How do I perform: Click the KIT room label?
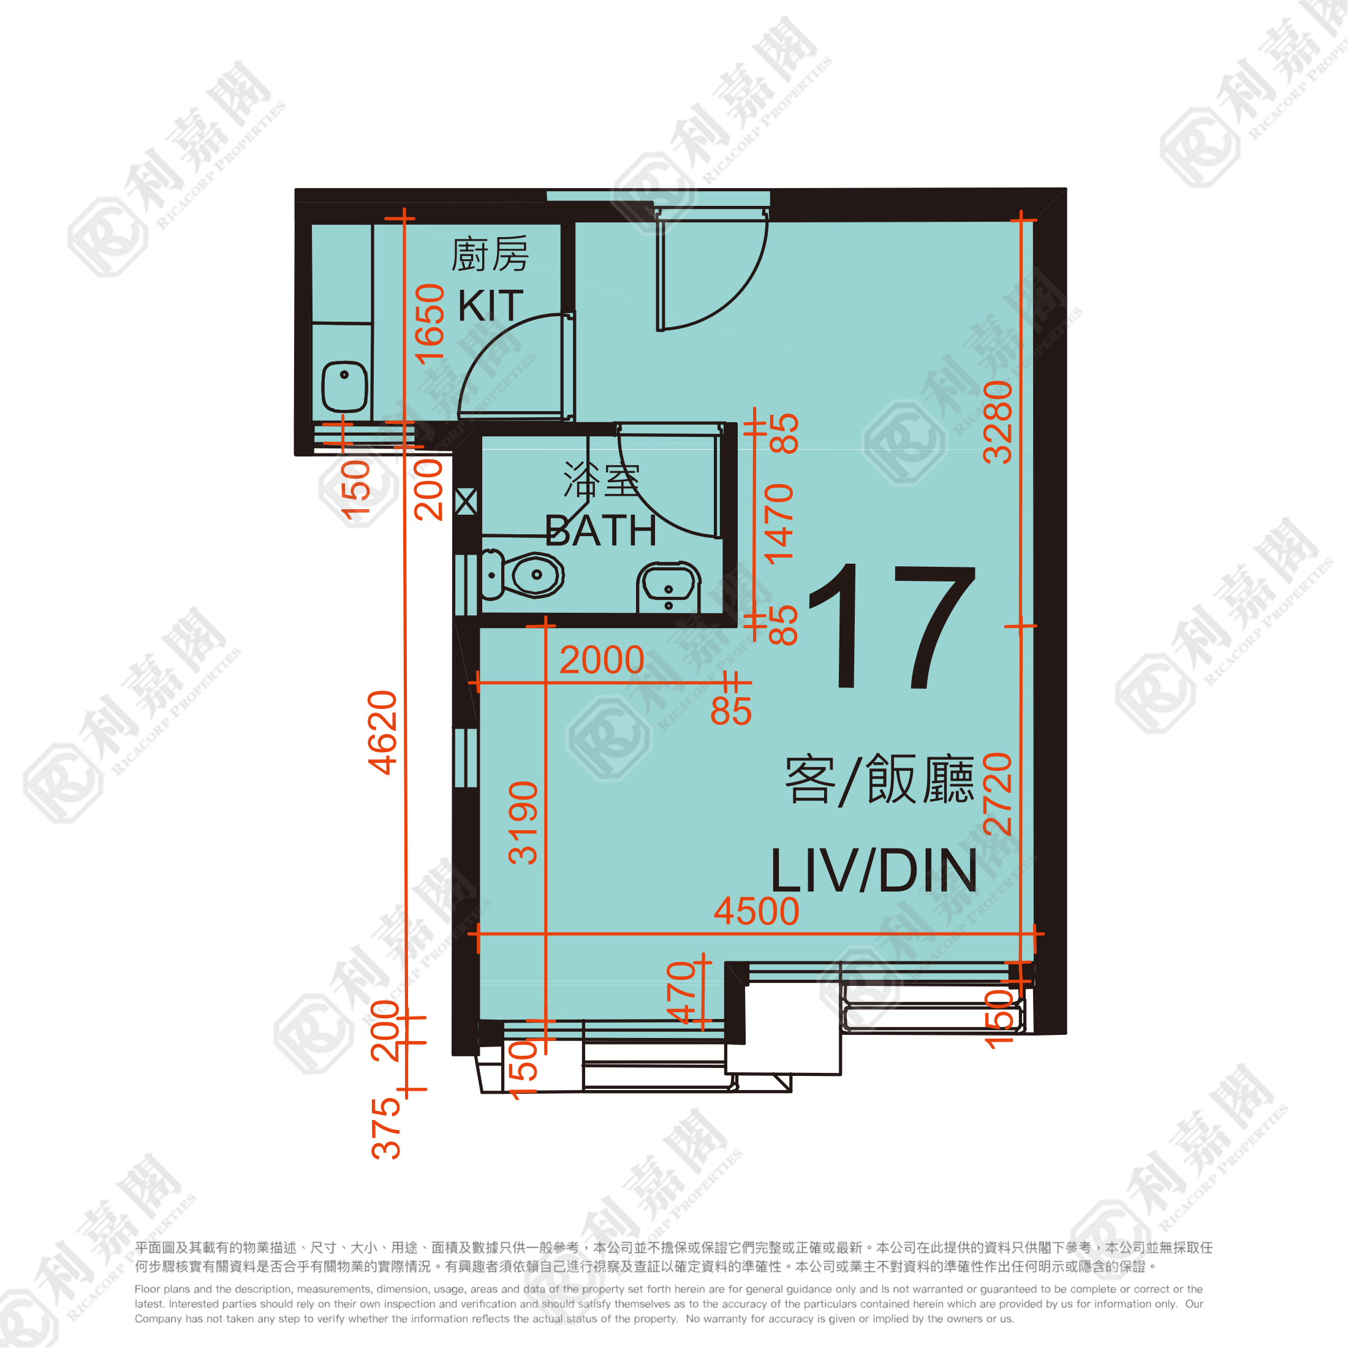point(491,306)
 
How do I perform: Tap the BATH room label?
point(600,531)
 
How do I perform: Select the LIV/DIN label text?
point(874,870)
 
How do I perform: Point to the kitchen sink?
point(344,387)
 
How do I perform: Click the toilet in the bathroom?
point(522,575)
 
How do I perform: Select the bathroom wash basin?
point(668,587)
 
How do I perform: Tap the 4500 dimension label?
point(756,911)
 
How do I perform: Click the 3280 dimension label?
point(997,422)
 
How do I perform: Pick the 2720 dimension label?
point(997,794)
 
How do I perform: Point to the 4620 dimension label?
point(382,733)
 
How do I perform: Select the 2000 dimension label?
point(602,660)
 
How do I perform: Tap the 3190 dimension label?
point(523,824)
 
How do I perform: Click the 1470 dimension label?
point(779,523)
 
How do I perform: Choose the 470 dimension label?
point(681,992)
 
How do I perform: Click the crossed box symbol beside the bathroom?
point(466,502)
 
